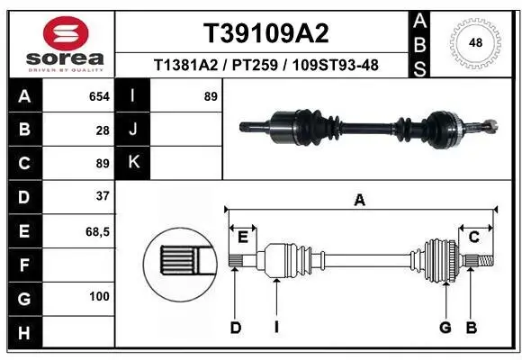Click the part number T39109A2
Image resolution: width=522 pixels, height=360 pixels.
click(x=265, y=33)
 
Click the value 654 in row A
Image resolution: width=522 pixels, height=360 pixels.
click(x=99, y=95)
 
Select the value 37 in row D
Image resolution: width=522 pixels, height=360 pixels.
click(x=103, y=196)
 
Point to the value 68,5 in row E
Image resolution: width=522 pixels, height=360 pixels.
click(x=97, y=231)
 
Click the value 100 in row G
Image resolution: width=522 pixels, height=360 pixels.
click(x=99, y=296)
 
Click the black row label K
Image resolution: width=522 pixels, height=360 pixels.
click(x=134, y=163)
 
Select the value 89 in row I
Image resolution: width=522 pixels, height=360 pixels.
click(x=211, y=95)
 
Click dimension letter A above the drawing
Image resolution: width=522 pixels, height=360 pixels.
click(x=360, y=201)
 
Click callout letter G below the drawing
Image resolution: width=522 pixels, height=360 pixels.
click(x=445, y=328)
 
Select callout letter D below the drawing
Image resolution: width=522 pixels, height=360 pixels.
click(x=236, y=328)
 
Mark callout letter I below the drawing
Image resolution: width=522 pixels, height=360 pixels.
click(x=277, y=328)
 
